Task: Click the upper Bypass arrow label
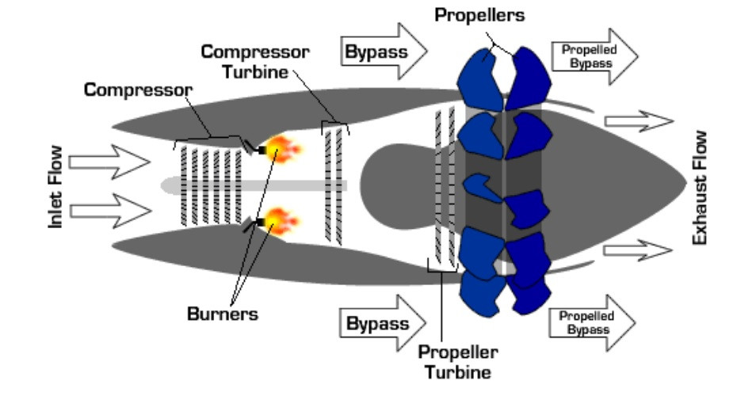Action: point(376,52)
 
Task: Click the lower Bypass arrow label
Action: point(378,323)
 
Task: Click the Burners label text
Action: point(222,314)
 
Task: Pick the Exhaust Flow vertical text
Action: point(700,187)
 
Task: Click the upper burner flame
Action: point(283,147)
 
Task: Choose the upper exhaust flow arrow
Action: point(638,121)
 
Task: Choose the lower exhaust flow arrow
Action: point(638,250)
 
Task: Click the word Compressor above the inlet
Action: point(138,90)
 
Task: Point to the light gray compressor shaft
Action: point(254,185)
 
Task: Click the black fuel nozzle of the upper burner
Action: point(260,148)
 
